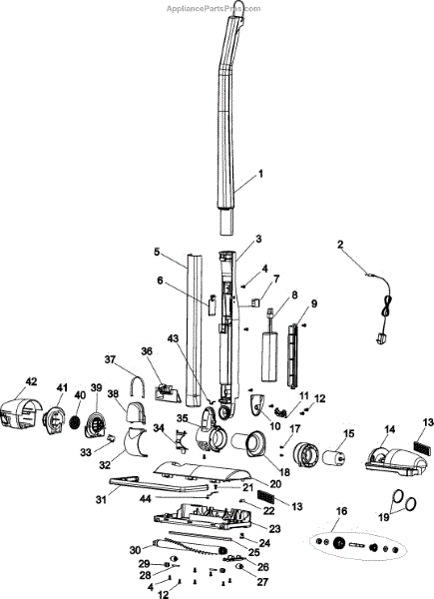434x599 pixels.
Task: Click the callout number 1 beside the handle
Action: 261,174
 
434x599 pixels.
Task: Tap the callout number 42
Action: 31,381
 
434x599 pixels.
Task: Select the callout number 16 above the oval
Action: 341,511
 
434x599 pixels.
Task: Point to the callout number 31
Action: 101,499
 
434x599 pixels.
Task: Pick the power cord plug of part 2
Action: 380,339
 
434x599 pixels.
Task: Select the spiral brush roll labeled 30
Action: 190,545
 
